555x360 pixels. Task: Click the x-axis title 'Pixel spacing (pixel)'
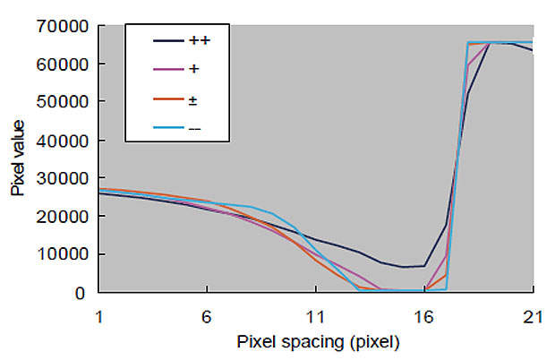point(318,342)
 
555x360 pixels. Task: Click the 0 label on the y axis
point(82,292)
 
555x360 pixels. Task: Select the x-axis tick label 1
point(98,314)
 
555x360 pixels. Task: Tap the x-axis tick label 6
point(207,314)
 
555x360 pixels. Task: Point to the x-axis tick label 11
point(315,314)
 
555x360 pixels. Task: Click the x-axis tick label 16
point(424,314)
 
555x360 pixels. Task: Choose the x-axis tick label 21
point(533,314)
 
